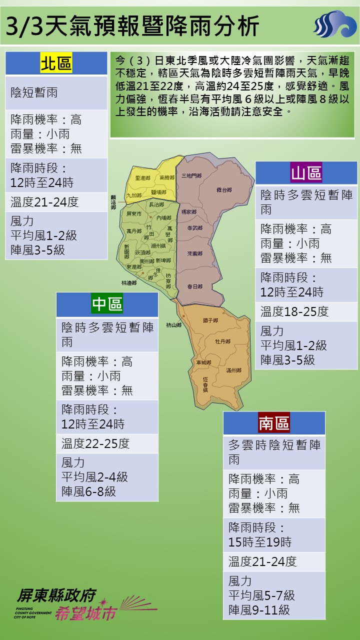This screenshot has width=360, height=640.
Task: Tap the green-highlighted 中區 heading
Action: pos(107,304)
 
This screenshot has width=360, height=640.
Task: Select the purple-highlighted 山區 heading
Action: pos(306,173)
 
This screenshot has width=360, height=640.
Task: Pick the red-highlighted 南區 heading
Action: pos(274,423)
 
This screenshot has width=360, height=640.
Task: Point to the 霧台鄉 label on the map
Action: pos(224,190)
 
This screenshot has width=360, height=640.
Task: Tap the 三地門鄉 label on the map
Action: pos(191,175)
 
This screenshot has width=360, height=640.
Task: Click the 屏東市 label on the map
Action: pos(134,213)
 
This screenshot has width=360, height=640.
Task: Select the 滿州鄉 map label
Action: pos(233,370)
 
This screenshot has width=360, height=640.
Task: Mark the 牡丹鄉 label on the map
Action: pos(222,341)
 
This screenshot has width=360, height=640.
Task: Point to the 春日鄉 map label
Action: pos(194,286)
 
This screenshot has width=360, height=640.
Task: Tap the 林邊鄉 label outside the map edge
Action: pos(128,283)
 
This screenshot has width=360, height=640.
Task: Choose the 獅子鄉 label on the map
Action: pos(210,320)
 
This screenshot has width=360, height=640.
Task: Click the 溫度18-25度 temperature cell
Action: pos(294,311)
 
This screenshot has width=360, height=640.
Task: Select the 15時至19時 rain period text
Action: pos(260,542)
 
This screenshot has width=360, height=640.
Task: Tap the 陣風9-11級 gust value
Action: pos(259,610)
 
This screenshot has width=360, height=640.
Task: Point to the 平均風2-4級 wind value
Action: pos(94,477)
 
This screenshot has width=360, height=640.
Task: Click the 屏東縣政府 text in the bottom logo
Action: pos(55,595)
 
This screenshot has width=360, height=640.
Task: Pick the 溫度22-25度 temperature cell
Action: pos(95,443)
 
